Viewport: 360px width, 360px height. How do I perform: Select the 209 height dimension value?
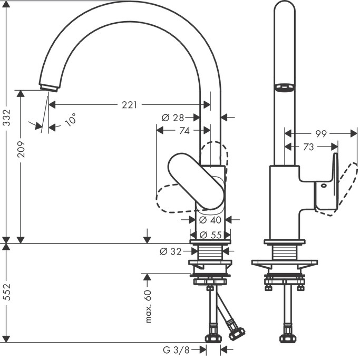21,149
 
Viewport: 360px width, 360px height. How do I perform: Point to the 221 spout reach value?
129,105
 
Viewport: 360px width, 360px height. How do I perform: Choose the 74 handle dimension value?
184,131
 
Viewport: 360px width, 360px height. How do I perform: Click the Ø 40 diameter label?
210,219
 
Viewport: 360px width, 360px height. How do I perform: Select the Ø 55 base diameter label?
210,235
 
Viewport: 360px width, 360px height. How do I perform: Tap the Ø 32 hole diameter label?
171,251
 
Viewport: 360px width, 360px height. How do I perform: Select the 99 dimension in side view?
322,134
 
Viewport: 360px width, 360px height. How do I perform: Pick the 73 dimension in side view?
308,147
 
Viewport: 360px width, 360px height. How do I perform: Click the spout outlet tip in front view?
48,87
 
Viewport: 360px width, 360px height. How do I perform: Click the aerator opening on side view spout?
284,87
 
